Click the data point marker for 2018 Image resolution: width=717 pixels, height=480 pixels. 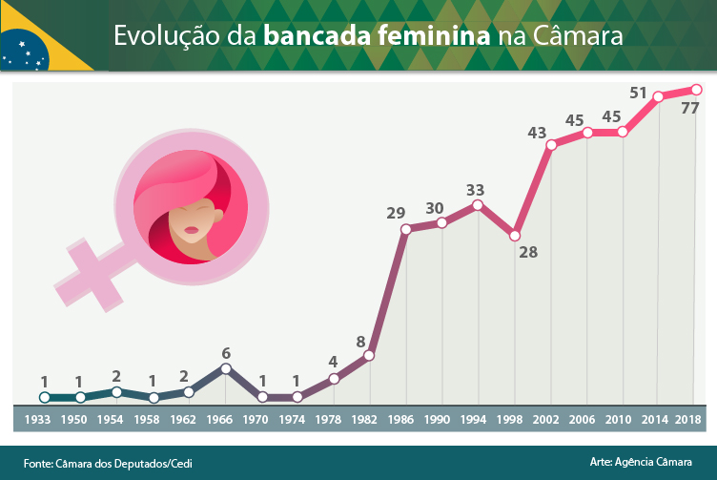pos(696,90)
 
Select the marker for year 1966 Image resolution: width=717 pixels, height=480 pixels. pos(225,368)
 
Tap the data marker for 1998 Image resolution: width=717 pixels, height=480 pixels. pos(515,235)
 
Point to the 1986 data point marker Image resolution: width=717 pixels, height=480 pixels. pos(406,229)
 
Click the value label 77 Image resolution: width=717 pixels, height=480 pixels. pos(690,109)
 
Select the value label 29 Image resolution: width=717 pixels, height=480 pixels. pos(396,213)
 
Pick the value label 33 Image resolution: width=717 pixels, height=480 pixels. pos(475,189)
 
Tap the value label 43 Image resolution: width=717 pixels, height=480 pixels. pos(537,133)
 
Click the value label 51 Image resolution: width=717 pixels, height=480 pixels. pos(639,93)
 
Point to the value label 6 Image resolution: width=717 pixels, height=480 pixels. pos(226,351)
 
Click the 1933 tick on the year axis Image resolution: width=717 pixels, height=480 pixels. pos(38,419)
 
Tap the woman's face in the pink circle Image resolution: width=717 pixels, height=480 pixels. pos(194,221)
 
